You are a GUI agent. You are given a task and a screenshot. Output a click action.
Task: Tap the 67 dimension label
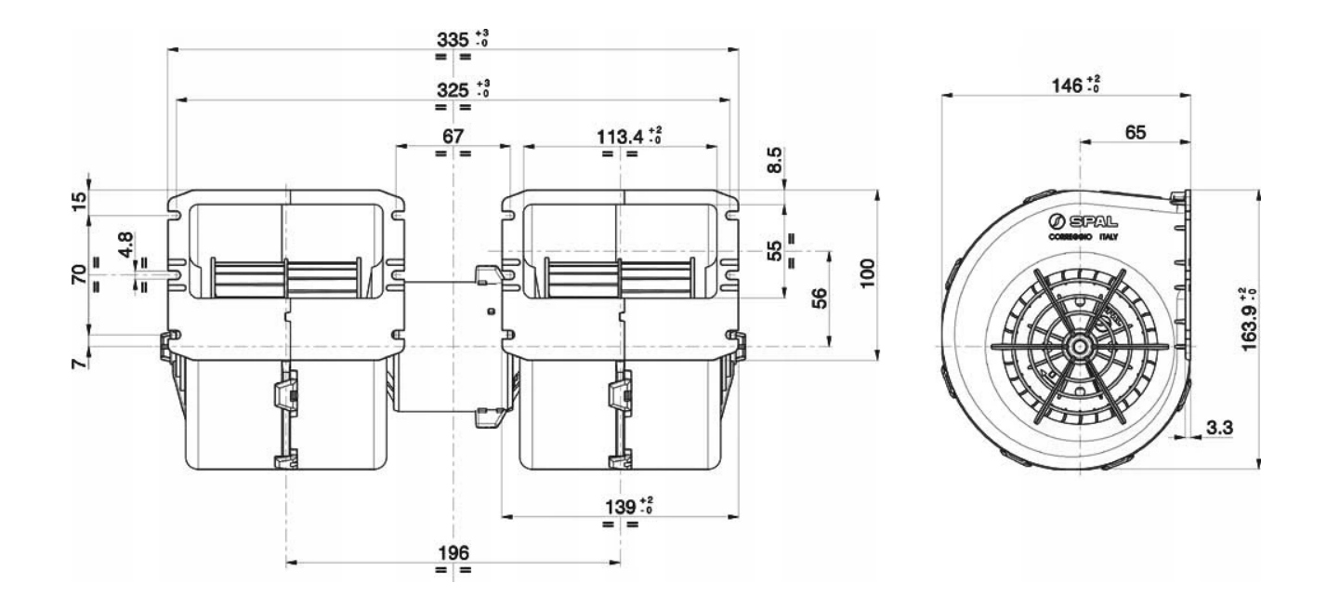coord(453,136)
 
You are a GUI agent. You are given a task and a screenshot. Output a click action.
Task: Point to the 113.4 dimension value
coord(623,136)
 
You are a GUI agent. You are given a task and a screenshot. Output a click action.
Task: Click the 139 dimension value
coord(618,505)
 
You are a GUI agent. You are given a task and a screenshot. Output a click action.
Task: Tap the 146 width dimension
coord(1062,86)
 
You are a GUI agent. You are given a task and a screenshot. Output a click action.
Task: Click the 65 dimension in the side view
coord(1134,133)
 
